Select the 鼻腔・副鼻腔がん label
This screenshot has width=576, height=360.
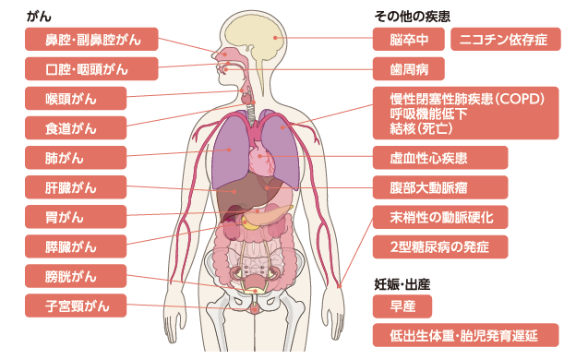pyautogui.click(x=91, y=40)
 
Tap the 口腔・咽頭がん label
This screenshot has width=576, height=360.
pyautogui.click(x=91, y=69)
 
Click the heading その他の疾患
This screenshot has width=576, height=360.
pyautogui.click(x=412, y=15)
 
